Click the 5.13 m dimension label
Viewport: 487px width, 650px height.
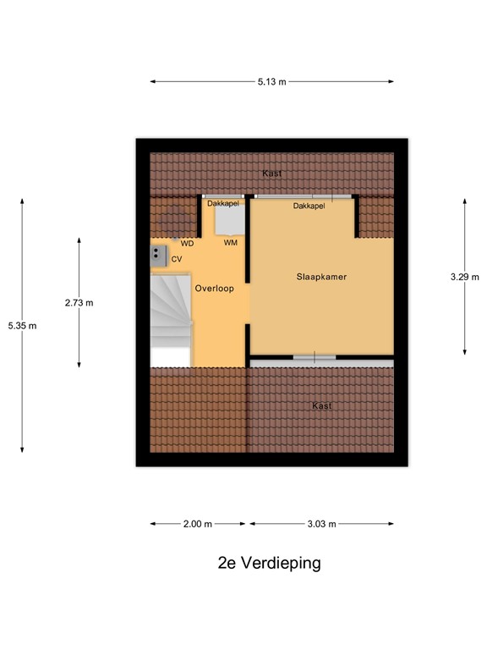tap(271, 82)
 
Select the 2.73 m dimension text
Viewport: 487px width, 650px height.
tap(79, 302)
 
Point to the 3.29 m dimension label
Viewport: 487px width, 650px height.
tap(464, 277)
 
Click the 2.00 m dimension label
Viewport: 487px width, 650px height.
tap(198, 524)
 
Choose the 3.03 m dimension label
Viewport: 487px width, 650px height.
tap(321, 524)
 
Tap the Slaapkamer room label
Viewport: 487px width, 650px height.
tap(321, 277)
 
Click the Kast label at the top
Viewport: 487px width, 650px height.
tap(271, 173)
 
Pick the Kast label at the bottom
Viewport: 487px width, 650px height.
tap(321, 405)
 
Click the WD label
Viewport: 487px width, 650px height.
tap(188, 243)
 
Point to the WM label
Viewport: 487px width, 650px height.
tap(230, 243)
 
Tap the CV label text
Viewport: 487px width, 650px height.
tap(177, 259)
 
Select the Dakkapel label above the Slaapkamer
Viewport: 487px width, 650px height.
tap(309, 206)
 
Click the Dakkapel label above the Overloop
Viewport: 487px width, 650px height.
tap(223, 204)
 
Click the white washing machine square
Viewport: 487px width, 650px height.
tap(228, 221)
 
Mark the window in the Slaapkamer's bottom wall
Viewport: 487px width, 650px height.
tap(315, 357)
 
